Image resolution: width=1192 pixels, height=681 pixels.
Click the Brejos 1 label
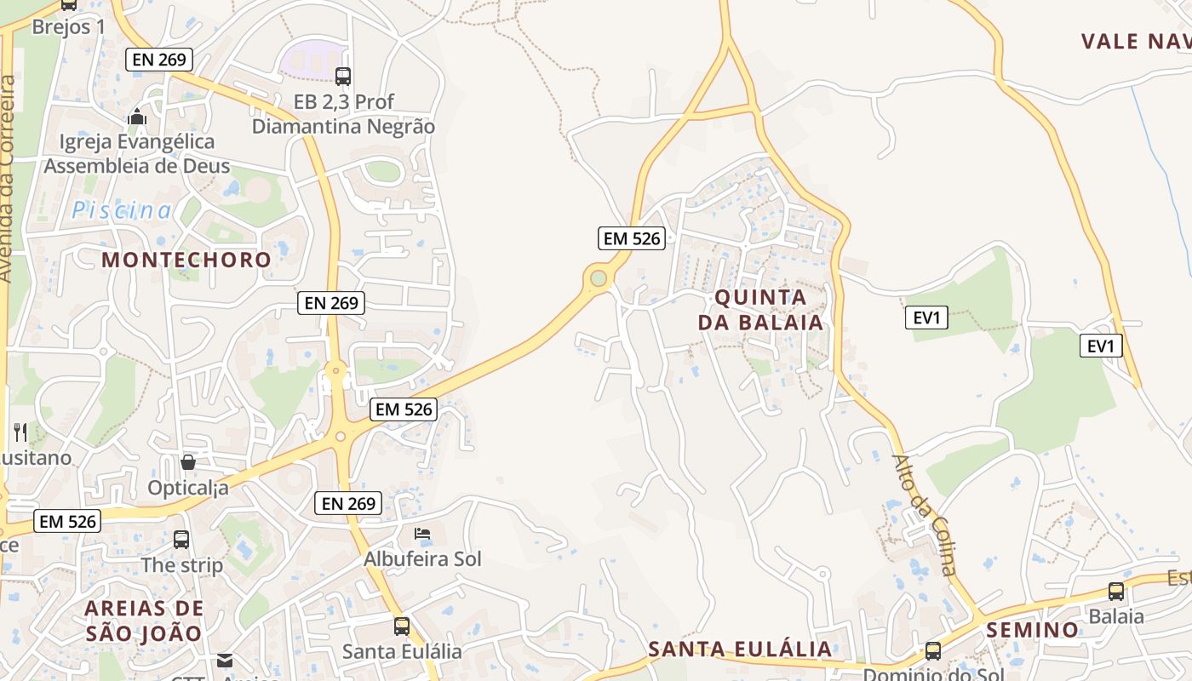(x=68, y=26)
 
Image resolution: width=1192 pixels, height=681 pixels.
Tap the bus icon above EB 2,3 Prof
(x=343, y=77)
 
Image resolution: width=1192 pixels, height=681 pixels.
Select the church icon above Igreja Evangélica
(x=137, y=117)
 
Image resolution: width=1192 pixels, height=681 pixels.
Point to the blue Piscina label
(x=122, y=210)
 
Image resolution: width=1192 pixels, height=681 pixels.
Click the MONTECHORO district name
(x=186, y=260)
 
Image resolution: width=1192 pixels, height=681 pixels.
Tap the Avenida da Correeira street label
(x=9, y=179)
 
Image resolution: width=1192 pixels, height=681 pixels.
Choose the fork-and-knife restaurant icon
(x=20, y=432)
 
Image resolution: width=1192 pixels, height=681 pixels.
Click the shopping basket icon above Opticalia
(x=188, y=462)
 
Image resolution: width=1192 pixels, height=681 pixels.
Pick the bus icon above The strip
(x=181, y=539)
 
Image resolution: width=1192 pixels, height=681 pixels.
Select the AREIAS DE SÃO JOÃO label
(x=145, y=621)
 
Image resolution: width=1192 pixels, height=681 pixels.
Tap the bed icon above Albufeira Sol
(x=422, y=534)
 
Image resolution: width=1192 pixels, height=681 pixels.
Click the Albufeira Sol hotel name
(x=422, y=559)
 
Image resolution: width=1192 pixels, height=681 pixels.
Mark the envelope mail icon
(x=225, y=660)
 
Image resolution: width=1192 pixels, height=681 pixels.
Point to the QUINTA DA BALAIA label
(x=761, y=310)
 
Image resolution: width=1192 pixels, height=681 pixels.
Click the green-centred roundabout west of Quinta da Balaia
(x=599, y=278)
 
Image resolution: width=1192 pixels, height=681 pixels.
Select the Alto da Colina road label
(x=926, y=514)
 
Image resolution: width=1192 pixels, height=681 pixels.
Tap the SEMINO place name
(x=1033, y=630)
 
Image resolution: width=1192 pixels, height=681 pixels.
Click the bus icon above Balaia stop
(x=1116, y=591)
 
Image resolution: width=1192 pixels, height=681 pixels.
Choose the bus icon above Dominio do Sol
(x=933, y=651)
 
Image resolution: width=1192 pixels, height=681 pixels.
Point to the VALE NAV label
(x=1136, y=41)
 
